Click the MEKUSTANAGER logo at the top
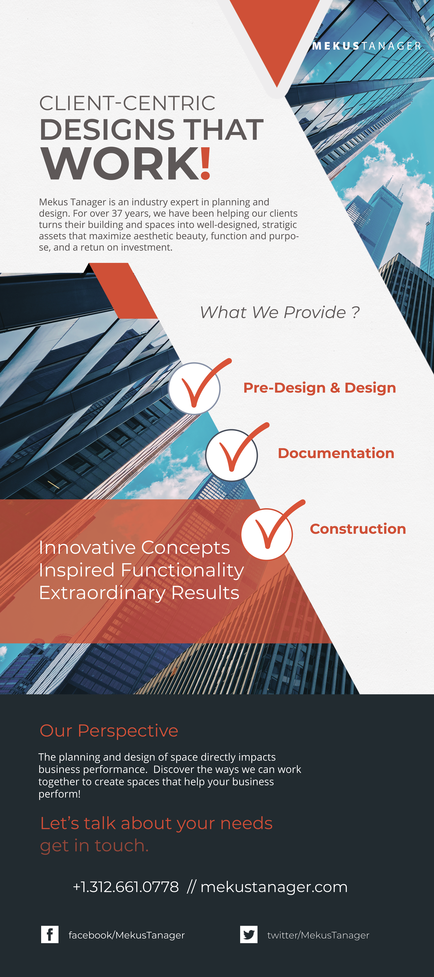tap(367, 46)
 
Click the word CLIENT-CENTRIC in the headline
tap(127, 103)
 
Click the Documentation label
tap(336, 453)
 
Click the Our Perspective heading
tap(109, 730)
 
